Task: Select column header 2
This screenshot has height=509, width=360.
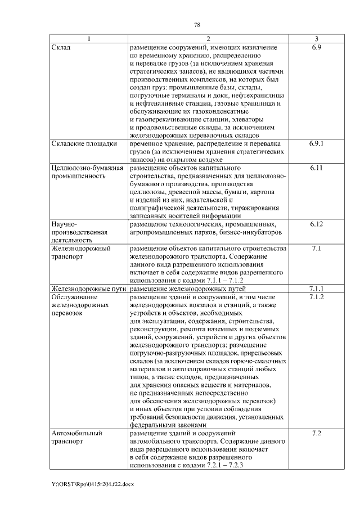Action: click(208, 39)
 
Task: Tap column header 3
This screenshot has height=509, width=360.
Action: click(316, 39)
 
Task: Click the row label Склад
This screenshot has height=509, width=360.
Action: click(60, 48)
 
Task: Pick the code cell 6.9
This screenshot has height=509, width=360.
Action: click(316, 48)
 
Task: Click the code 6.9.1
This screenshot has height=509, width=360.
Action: click(316, 144)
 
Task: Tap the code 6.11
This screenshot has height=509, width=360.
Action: click(316, 168)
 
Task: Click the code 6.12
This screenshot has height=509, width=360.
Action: click(316, 224)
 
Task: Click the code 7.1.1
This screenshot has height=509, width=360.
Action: click(316, 289)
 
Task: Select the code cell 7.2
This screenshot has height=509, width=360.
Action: click(316, 434)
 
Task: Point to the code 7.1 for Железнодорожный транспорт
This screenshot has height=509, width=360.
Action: click(316, 248)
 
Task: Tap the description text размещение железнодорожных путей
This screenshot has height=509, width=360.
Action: click(190, 289)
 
